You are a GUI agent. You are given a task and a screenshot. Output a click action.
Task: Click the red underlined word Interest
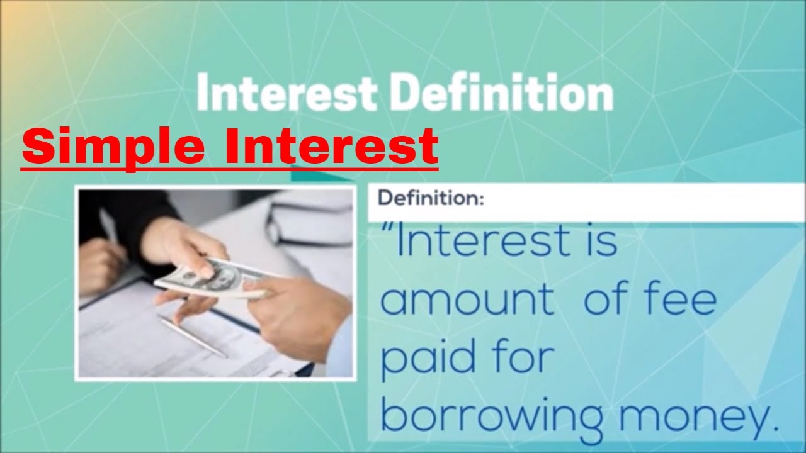coord(332,145)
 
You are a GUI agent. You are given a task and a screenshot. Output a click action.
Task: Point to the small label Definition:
coord(430,199)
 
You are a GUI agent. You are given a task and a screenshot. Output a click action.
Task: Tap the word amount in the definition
coord(467,300)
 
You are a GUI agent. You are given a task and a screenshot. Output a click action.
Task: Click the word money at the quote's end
coord(692,416)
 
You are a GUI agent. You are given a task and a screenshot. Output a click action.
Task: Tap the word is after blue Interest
coord(601,242)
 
